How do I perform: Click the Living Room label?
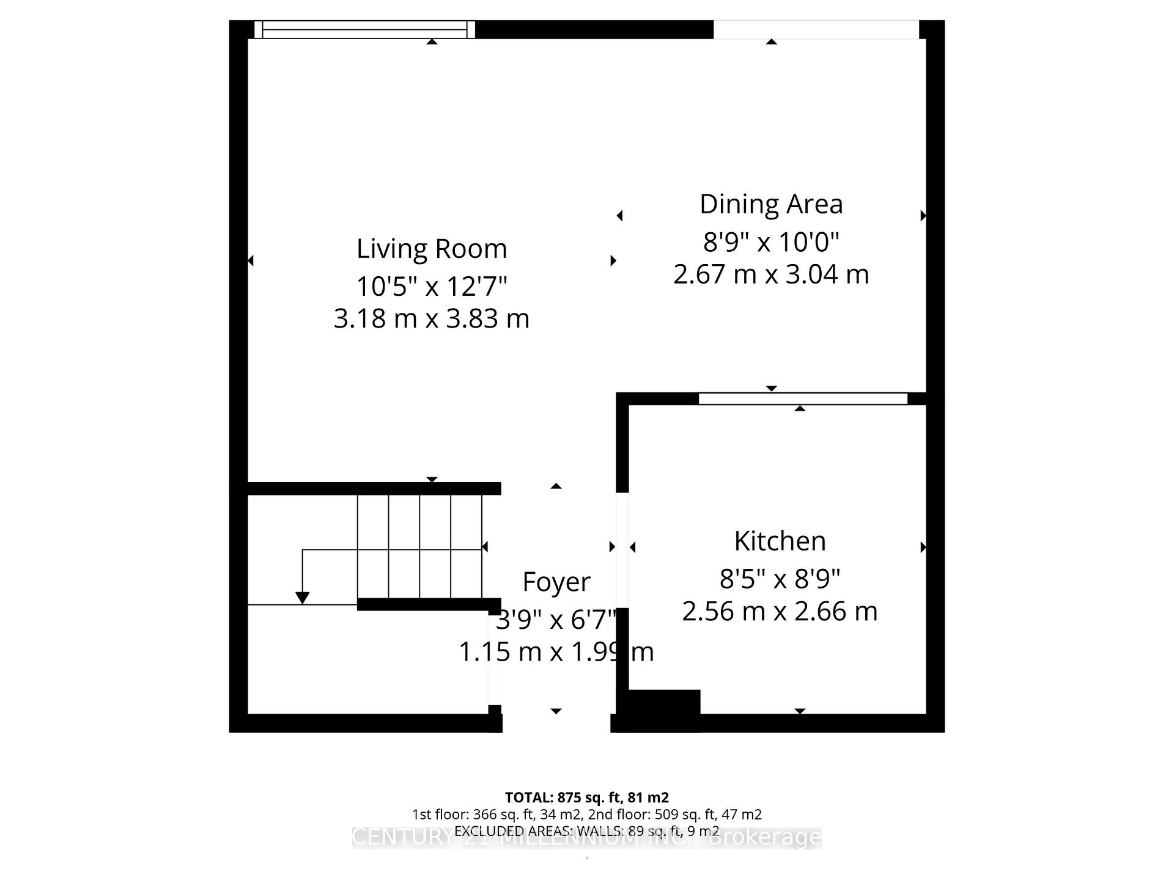point(432,249)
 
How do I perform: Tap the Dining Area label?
point(771,204)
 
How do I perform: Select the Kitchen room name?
point(780,541)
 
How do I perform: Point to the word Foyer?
point(556,582)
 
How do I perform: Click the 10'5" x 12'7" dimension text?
point(432,286)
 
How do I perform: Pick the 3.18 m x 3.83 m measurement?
point(432,318)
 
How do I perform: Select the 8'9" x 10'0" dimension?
point(771,242)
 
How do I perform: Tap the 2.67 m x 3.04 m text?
point(771,274)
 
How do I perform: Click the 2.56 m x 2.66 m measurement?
point(780,611)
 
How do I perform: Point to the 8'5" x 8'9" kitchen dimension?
point(780,578)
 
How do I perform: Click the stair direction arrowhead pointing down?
point(302,598)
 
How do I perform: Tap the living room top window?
point(364,29)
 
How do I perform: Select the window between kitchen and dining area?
point(803,398)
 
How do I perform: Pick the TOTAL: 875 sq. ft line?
point(587,798)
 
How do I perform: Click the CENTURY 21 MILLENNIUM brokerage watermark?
point(587,838)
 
